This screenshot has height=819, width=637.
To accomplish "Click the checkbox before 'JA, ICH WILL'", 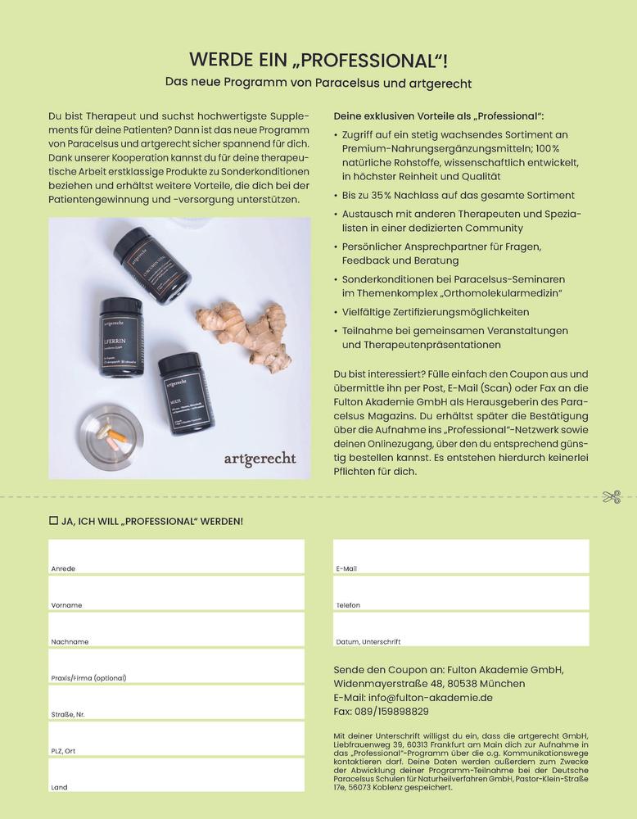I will click(54, 521).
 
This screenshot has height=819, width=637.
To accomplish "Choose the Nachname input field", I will click(176, 629).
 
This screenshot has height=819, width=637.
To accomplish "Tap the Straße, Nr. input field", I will click(176, 702).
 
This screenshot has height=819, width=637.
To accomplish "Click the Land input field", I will click(176, 775).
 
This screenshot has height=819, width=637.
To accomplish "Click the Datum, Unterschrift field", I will click(460, 629).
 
